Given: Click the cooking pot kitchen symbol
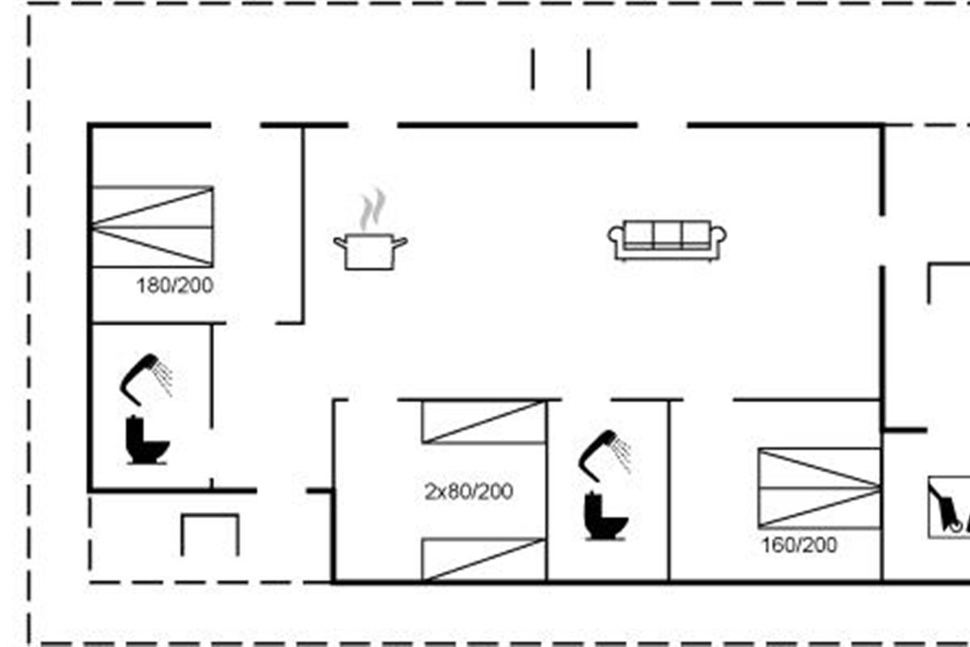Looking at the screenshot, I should coord(370,251).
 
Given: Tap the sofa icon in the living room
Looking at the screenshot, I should coord(667,240).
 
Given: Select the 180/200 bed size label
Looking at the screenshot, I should coord(175,285).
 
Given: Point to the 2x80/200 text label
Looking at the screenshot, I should coord(469,492).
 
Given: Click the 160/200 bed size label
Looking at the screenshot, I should coord(799,545).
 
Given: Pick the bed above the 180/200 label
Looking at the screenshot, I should coord(152,226).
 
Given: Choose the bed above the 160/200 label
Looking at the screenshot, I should coord(819,488).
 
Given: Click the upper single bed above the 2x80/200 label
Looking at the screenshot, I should coord(483,421).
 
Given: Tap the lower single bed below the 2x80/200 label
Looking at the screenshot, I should coord(483,559).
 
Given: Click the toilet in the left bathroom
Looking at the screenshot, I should coord(146,441).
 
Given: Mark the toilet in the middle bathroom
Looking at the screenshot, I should coord(605,516).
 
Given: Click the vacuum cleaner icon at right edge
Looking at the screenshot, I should coord(948,506).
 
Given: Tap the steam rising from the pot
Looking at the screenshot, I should coord(372,210).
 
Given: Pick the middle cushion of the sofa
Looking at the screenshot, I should coord(667,234).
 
